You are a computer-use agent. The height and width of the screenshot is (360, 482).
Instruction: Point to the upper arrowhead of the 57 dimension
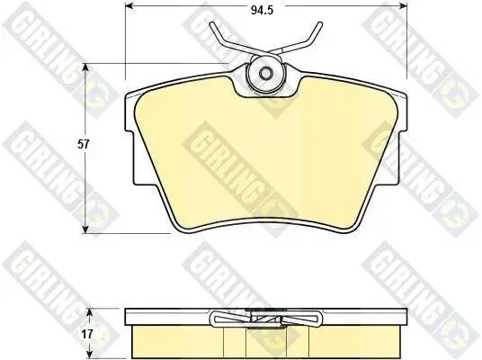point(86,67)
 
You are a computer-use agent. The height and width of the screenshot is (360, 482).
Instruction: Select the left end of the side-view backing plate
point(127,316)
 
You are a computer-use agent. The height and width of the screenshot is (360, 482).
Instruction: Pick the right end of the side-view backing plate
point(405,316)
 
